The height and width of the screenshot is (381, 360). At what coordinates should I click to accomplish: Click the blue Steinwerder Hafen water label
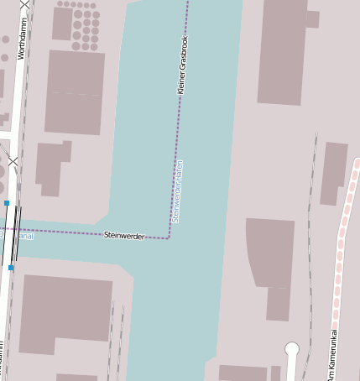pyautogui.click(x=177, y=191)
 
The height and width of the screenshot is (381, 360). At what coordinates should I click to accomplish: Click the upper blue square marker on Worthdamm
pyautogui.click(x=7, y=203)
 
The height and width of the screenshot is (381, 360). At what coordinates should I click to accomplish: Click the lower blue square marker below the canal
pyautogui.click(x=11, y=267)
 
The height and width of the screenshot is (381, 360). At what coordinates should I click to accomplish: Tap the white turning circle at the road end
pyautogui.click(x=292, y=348)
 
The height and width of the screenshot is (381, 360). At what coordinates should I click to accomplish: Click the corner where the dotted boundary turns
pyautogui.click(x=170, y=237)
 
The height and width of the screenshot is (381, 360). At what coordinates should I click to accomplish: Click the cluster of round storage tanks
pyautogui.click(x=85, y=28)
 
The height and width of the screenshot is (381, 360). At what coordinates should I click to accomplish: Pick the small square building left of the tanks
pyautogui.click(x=62, y=23)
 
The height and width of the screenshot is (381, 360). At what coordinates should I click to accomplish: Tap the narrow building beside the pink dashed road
pyautogui.click(x=334, y=173)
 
